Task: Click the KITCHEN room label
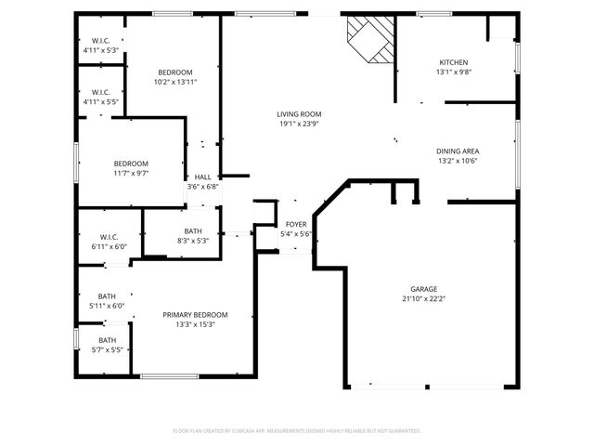(454, 62)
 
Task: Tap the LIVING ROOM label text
(299, 114)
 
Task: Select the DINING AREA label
(458, 151)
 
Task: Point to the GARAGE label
(424, 289)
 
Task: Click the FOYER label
(296, 224)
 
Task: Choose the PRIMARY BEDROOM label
(195, 315)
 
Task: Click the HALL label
(202, 177)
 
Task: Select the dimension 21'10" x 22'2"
(424, 299)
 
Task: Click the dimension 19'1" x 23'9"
(299, 124)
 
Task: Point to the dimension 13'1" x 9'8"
(454, 72)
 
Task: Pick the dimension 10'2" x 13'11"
(174, 82)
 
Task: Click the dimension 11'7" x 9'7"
(131, 173)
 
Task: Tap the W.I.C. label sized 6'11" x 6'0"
(109, 237)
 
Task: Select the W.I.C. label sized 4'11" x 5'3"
(101, 41)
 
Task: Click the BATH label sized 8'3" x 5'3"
(193, 231)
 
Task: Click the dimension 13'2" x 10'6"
(458, 160)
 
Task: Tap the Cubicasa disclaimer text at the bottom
(297, 431)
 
